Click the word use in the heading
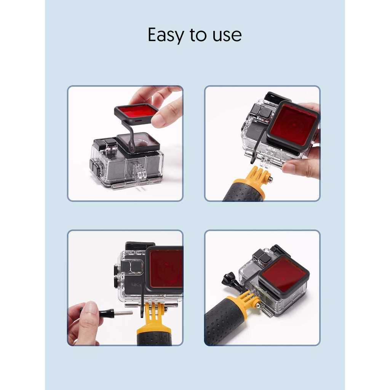tap(227, 35)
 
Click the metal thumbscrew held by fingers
tap(107, 312)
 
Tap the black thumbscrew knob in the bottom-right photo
tap(229, 279)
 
